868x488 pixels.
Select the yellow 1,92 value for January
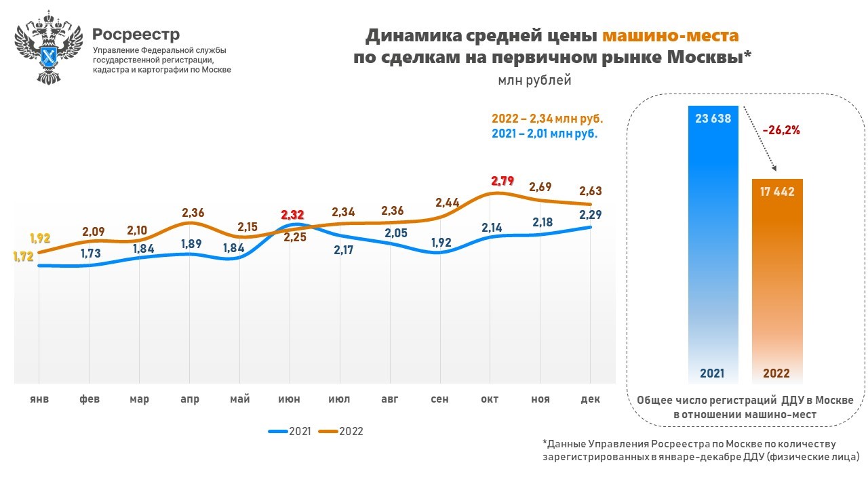pyautogui.click(x=40, y=239)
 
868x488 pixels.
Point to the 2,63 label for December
pyautogui.click(x=591, y=190)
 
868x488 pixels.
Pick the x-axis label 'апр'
pyautogui.click(x=190, y=399)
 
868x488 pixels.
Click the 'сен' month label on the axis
pyautogui.click(x=439, y=399)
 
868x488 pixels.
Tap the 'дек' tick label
pyautogui.click(x=591, y=399)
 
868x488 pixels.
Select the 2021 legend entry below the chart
pyautogui.click(x=290, y=431)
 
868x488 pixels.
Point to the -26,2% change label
pyautogui.click(x=781, y=131)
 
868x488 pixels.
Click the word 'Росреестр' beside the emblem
pyautogui.click(x=136, y=34)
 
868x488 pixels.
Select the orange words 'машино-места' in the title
pyautogui.click(x=670, y=35)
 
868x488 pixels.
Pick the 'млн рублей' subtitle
pyautogui.click(x=535, y=81)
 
